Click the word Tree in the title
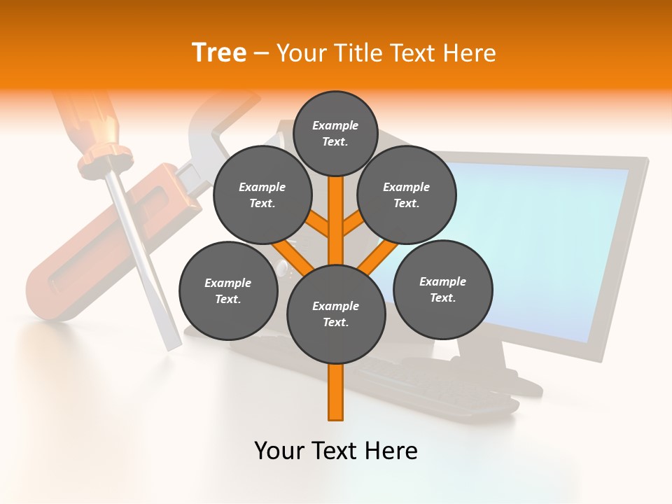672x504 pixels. tap(219, 52)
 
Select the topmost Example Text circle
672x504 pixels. tap(335, 133)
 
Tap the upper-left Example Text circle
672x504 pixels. tap(262, 195)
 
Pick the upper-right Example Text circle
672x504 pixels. tap(406, 195)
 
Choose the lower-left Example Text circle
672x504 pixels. tap(227, 290)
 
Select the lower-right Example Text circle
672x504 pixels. tap(442, 289)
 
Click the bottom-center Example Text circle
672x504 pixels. tap(335, 314)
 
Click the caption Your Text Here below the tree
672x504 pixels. tap(335, 451)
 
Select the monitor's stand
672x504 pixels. tap(490, 364)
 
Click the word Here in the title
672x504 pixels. tap(470, 52)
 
